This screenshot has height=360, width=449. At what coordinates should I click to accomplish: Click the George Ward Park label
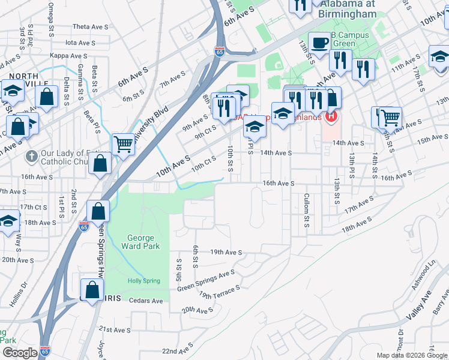click(142, 242)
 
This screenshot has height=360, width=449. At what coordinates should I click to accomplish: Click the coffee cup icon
click(319, 43)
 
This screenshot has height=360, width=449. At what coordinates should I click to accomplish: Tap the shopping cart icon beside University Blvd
click(123, 143)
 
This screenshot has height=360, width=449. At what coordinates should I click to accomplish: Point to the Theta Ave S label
click(90, 27)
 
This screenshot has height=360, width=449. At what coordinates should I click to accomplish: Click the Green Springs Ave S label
click(206, 281)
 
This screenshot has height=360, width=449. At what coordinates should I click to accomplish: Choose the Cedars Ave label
click(146, 301)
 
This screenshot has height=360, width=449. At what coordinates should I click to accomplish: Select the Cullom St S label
click(306, 210)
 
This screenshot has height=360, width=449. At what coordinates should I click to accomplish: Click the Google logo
click(19, 353)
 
